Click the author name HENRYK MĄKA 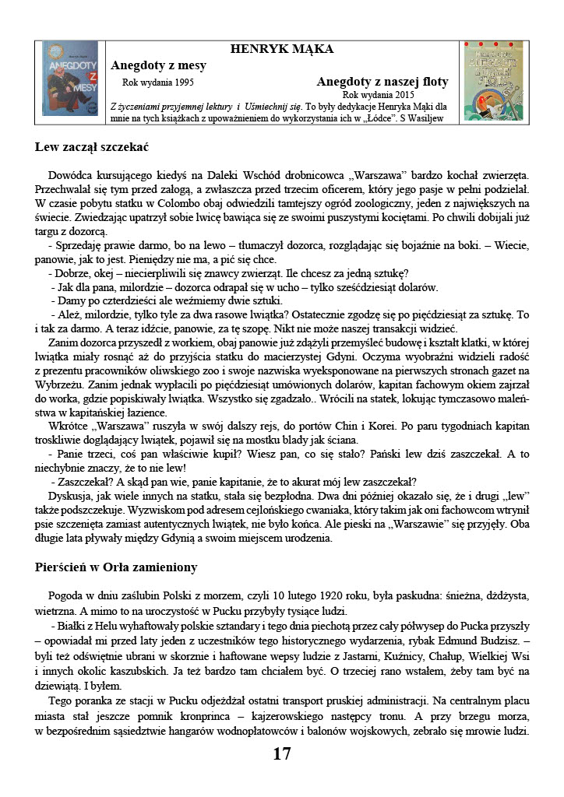282,49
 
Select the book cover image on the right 493,80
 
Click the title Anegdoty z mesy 158,65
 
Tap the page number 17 282,753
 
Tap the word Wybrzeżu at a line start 58,384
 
